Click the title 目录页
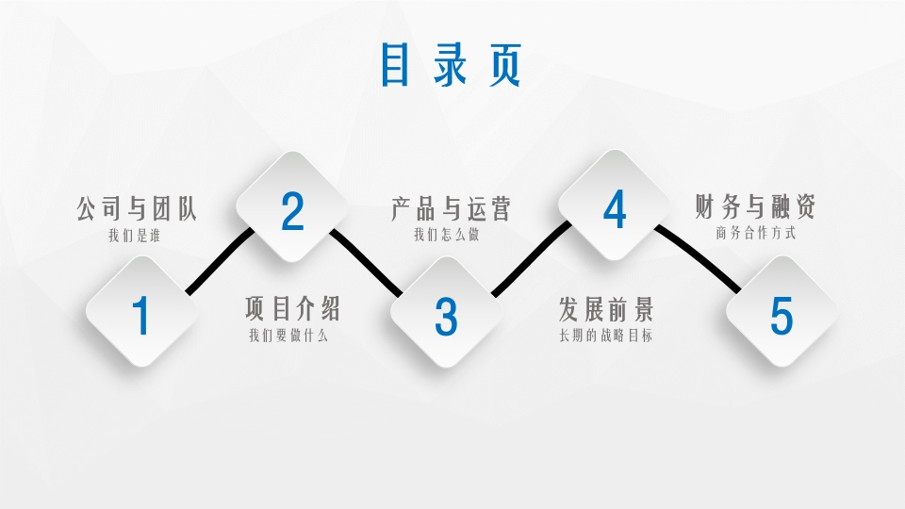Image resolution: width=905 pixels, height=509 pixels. (x=451, y=64)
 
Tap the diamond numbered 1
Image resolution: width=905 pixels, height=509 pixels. (x=141, y=314)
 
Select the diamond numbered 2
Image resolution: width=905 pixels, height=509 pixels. (x=292, y=209)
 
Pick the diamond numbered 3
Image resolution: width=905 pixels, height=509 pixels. (x=446, y=314)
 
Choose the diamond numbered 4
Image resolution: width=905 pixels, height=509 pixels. (x=615, y=208)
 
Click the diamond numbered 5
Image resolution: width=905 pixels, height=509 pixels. (x=782, y=314)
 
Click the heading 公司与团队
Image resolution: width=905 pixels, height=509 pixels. (x=137, y=208)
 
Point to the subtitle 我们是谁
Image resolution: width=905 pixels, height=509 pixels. (x=134, y=235)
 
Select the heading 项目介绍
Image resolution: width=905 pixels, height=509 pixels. (x=292, y=308)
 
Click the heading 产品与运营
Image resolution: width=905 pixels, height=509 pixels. (x=451, y=208)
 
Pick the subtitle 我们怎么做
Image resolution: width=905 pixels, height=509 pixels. (x=446, y=235)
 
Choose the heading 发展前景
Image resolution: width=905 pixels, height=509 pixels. (x=605, y=308)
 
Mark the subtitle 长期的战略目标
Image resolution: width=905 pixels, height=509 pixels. (x=605, y=335)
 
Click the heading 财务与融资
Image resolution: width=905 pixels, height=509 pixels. (x=754, y=206)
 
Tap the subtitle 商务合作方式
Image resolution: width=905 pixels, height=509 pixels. (x=755, y=233)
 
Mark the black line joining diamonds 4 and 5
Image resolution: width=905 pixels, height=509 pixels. (x=699, y=256)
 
